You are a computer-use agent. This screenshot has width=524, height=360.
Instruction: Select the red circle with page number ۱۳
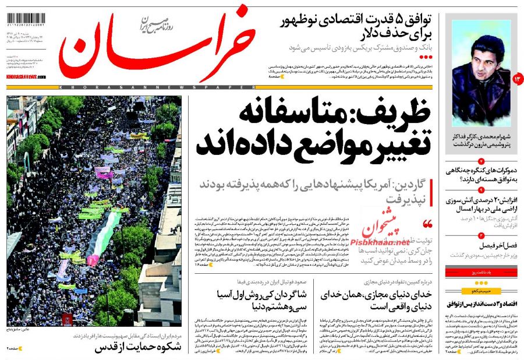tap(518, 77)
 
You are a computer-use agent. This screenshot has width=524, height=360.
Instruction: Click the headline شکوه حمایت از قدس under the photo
tap(137, 348)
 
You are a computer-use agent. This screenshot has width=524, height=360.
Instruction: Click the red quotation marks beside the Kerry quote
tap(428, 224)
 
